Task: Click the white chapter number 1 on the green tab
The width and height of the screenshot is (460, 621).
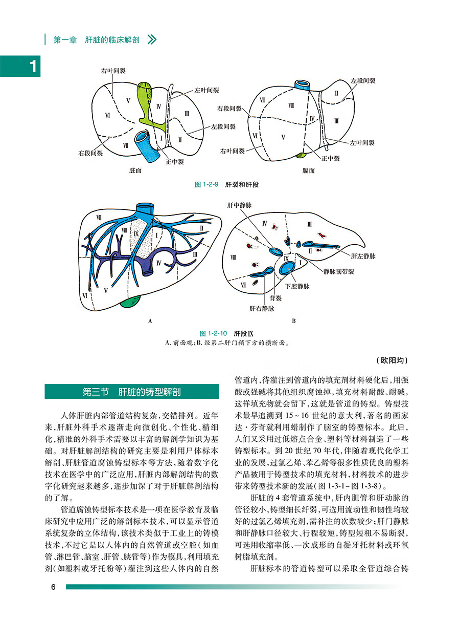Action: pos(33,67)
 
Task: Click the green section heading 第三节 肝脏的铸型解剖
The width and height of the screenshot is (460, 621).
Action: pos(131,392)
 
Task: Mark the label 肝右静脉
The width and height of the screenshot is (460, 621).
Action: pos(262,309)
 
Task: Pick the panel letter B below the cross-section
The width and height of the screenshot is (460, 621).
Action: pos(294,322)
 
